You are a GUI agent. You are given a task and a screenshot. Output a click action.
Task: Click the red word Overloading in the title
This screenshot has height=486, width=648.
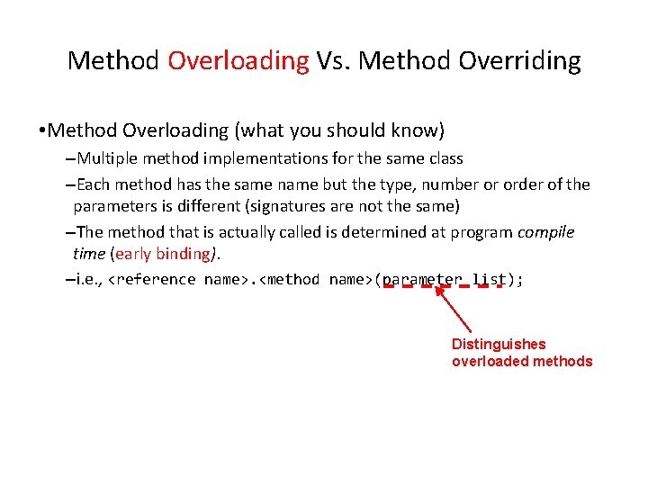238,61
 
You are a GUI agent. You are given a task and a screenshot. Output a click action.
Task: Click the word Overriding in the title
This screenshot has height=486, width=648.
520,61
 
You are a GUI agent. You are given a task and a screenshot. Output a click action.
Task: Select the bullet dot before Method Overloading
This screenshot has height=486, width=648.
41,131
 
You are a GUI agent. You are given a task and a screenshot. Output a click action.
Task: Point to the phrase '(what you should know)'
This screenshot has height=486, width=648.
339,130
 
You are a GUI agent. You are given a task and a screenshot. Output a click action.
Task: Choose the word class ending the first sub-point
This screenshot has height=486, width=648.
441,158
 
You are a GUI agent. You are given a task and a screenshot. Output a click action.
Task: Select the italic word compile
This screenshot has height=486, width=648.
545,232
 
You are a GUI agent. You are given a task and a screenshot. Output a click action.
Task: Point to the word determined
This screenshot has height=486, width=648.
382,232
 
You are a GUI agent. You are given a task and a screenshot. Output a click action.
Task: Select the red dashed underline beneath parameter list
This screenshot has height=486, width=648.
442,287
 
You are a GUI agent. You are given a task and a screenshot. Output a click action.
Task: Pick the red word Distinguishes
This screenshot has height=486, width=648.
498,344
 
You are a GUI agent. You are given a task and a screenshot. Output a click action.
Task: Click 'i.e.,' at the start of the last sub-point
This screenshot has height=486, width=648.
90,280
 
